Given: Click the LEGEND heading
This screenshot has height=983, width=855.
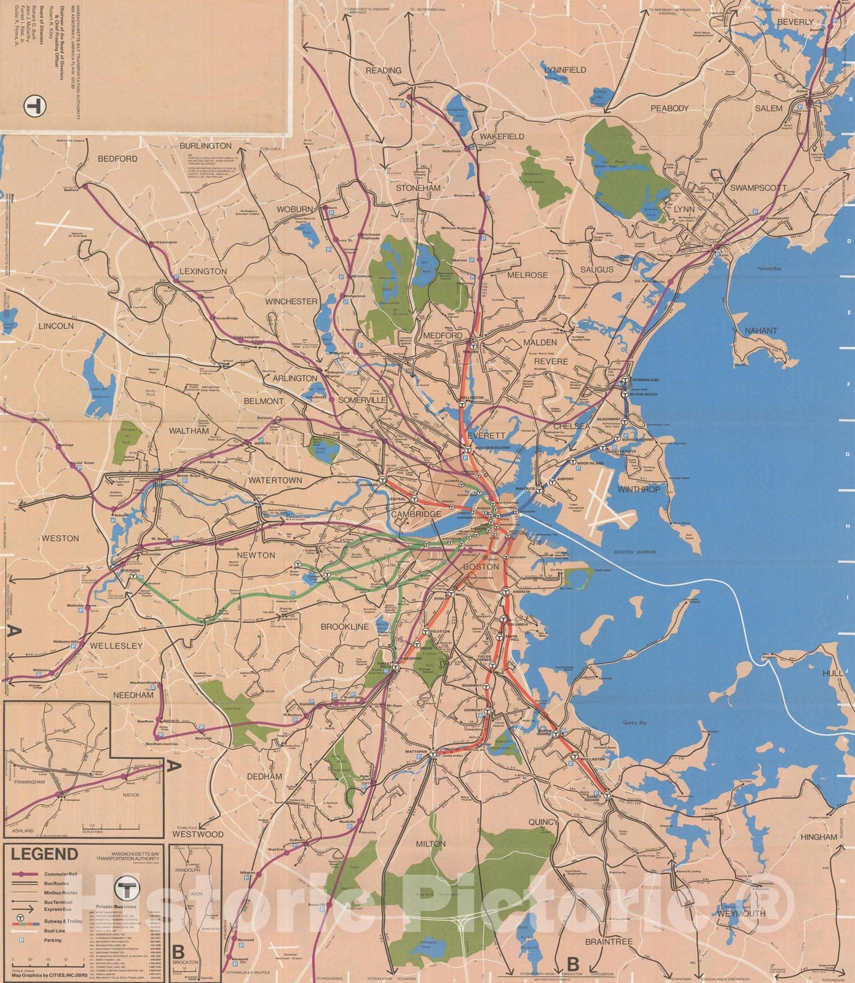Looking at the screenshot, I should pyautogui.click(x=44, y=854).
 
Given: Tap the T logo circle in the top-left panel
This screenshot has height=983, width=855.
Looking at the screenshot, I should pyautogui.click(x=35, y=106).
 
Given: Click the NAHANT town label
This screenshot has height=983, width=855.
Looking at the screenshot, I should pyautogui.click(x=760, y=331).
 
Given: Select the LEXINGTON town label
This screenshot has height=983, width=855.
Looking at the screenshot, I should pyautogui.click(x=203, y=271).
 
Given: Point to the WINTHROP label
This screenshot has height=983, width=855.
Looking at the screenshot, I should pyautogui.click(x=638, y=490).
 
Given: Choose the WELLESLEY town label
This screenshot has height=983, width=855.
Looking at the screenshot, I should pyautogui.click(x=116, y=646).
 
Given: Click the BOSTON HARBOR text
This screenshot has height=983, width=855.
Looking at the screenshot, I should pyautogui.click(x=635, y=552).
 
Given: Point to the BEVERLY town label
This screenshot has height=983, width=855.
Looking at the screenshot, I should pyautogui.click(x=795, y=22).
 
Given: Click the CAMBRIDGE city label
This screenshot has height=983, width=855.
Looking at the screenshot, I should pyautogui.click(x=416, y=514).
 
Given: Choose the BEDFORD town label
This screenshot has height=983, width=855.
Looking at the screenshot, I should pyautogui.click(x=117, y=159).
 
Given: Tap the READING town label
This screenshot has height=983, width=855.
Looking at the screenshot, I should pyautogui.click(x=384, y=71).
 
